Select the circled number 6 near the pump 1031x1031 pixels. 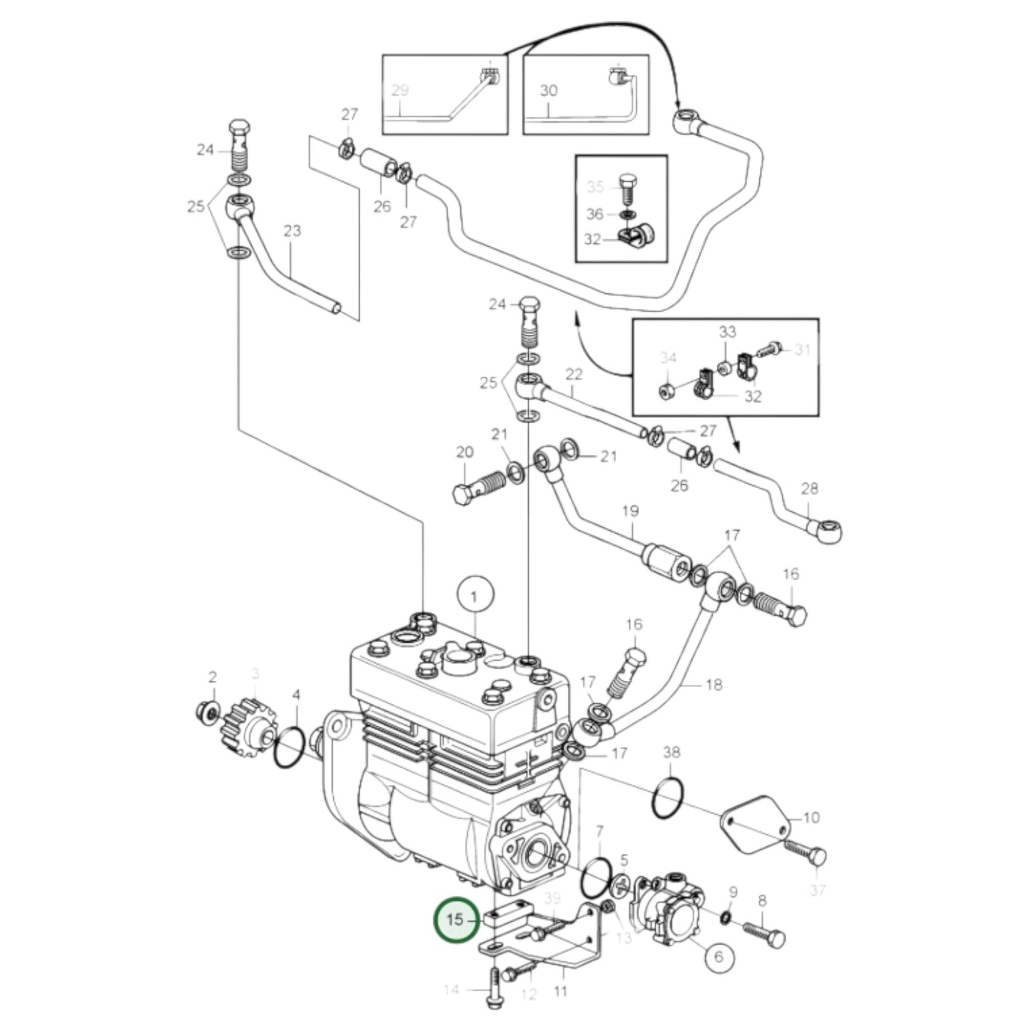click(718, 956)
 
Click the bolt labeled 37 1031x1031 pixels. click(806, 851)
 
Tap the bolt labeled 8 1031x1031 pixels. click(764, 933)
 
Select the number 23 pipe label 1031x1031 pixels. click(292, 231)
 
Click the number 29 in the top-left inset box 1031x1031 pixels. click(400, 91)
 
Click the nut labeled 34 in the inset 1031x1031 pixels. click(666, 390)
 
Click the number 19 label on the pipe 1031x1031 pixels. click(630, 511)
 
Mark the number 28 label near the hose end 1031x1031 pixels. click(809, 489)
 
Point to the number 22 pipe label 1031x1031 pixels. click(574, 374)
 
